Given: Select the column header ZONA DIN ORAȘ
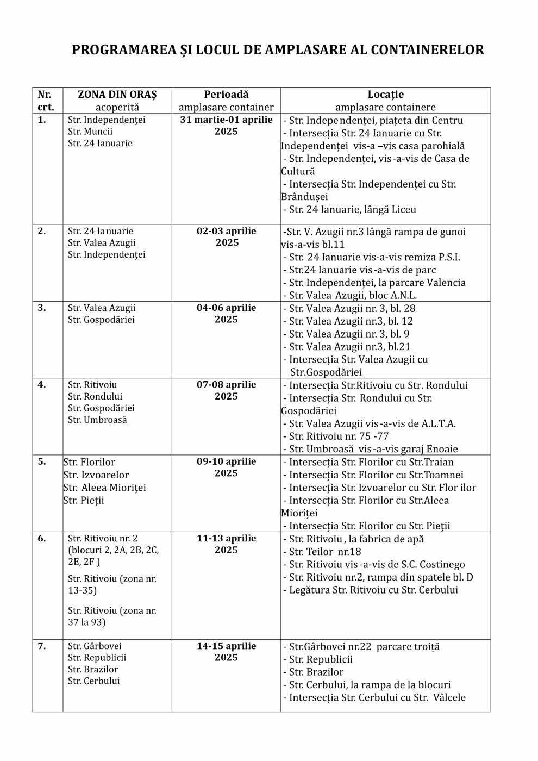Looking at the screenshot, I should point(117,95).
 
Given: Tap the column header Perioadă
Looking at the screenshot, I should point(226,95).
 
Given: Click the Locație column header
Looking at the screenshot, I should point(385,95).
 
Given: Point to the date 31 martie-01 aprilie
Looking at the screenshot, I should point(226,120).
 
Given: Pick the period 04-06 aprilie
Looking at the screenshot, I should point(226,308).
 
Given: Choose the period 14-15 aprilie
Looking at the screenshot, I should point(226,646).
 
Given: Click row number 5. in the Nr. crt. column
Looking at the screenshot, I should point(42,462).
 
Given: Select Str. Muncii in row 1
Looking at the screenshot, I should point(90,132).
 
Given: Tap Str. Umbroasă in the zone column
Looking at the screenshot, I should point(97,420).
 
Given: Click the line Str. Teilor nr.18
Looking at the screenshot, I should point(325,552).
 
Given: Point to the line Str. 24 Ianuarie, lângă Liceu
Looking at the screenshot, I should point(349,210).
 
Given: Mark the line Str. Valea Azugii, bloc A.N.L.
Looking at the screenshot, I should point(349,296).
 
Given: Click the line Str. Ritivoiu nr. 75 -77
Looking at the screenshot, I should point(339,436).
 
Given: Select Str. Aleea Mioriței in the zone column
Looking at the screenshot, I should point(105,488).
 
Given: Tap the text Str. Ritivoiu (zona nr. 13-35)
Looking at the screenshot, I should point(111,584).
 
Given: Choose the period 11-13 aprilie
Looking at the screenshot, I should point(226,539).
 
